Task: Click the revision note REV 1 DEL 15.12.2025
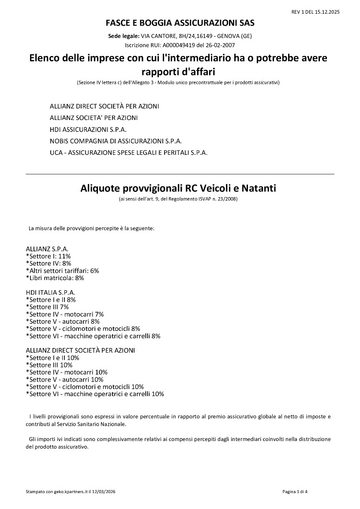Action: pyautogui.click(x=315, y=12)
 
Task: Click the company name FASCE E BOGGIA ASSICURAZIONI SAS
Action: pyautogui.click(x=180, y=22)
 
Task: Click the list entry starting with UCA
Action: pyautogui.click(x=128, y=153)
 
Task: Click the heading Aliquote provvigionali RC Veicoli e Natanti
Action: pyautogui.click(x=178, y=188)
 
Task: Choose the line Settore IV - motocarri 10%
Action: pyautogui.click(x=67, y=372)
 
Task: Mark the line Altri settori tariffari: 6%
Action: pyautogui.click(x=63, y=270)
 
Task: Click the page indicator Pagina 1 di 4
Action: pyautogui.click(x=295, y=491)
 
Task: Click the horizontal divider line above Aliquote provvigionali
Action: pyautogui.click(x=180, y=174)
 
